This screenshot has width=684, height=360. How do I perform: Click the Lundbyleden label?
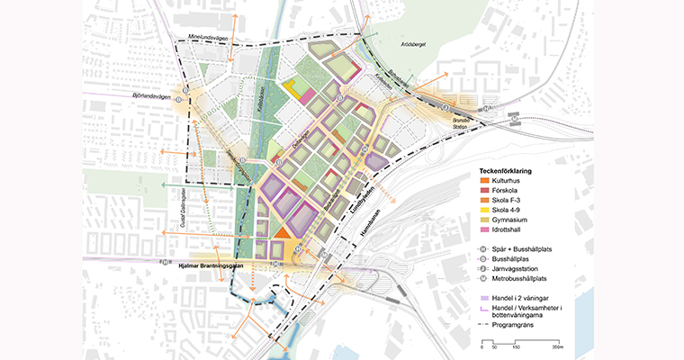[x=363, y=202]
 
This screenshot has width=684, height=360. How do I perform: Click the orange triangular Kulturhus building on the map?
[x=280, y=232]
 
